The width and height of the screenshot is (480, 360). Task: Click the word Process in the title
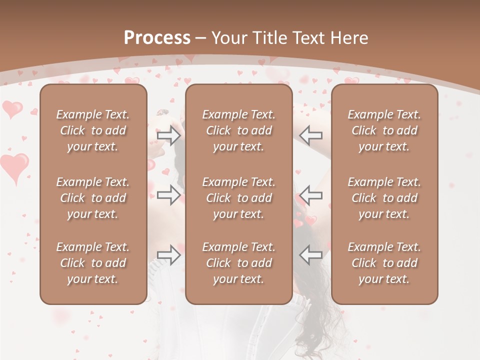pyautogui.click(x=157, y=38)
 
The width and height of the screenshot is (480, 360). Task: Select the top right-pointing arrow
pyautogui.click(x=168, y=135)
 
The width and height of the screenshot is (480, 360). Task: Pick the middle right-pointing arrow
pyautogui.click(x=168, y=195)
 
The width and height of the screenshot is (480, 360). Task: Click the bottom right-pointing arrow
pyautogui.click(x=168, y=255)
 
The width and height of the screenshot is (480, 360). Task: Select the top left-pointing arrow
pyautogui.click(x=311, y=135)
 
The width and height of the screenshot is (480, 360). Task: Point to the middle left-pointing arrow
pyautogui.click(x=311, y=195)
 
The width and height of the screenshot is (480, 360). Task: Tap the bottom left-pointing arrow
pyautogui.click(x=311, y=255)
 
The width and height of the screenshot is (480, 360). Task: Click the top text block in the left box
pyautogui.click(x=93, y=130)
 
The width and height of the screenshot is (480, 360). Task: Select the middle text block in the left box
pyautogui.click(x=93, y=198)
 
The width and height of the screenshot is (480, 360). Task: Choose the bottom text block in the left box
pyautogui.click(x=93, y=263)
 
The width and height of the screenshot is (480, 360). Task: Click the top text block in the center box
pyautogui.click(x=238, y=130)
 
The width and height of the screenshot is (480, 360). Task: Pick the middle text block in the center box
pyautogui.click(x=238, y=198)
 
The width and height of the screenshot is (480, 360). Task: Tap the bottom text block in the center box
pyautogui.click(x=238, y=263)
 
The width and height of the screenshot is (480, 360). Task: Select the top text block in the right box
pyautogui.click(x=384, y=130)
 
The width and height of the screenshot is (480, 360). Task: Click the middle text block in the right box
pyautogui.click(x=384, y=198)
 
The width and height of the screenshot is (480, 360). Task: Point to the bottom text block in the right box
pyautogui.click(x=384, y=263)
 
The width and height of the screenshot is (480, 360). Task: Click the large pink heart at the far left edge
pyautogui.click(x=14, y=166)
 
